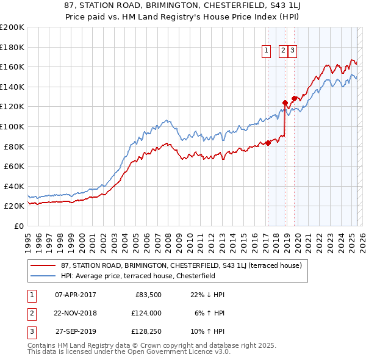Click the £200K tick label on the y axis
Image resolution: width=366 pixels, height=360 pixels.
[12, 27]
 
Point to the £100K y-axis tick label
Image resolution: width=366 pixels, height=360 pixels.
[12, 126]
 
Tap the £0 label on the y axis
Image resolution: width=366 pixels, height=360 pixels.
[18, 226]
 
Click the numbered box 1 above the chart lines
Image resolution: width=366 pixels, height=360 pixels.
[267, 51]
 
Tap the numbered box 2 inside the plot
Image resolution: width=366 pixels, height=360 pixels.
[284, 51]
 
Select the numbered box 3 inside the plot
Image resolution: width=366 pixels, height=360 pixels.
[293, 51]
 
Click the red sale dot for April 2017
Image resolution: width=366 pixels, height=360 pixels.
[268, 143]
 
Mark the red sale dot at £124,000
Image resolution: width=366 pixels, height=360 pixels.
[285, 103]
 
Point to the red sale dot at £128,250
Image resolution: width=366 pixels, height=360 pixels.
[294, 98]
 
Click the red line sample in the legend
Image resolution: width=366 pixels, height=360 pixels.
[44, 265]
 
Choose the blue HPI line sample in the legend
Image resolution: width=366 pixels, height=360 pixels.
[44, 276]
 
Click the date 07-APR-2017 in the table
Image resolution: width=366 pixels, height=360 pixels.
[76, 295]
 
